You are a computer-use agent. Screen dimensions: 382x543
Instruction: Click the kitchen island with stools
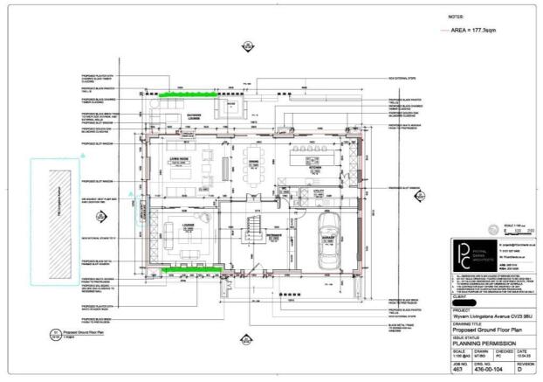pyautogui.click(x=307, y=163)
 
